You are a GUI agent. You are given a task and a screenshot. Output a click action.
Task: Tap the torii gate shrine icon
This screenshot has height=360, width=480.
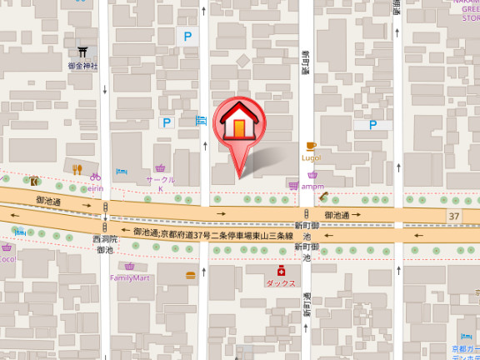pyautogui.click(x=83, y=52)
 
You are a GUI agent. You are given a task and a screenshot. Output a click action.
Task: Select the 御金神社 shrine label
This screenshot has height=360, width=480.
pyautogui.click(x=83, y=66)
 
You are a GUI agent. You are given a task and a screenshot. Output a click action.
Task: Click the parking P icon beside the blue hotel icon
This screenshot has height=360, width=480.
pyautogui.click(x=167, y=122)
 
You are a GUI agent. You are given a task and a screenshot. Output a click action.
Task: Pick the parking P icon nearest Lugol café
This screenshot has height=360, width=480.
pyautogui.click(x=372, y=125)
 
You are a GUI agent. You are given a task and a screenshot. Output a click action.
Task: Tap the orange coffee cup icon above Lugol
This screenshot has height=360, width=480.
pyautogui.click(x=312, y=146)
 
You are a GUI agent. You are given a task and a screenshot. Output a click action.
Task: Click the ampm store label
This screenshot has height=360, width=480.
pyautogui.click(x=312, y=187)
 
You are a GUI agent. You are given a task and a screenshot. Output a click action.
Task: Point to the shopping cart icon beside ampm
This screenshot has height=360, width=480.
pyautogui.click(x=293, y=186)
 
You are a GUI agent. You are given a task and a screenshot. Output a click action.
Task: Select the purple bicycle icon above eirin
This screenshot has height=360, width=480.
pyautogui.click(x=96, y=177)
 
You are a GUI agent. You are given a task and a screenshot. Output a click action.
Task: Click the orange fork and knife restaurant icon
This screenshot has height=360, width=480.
pyautogui.click(x=77, y=169)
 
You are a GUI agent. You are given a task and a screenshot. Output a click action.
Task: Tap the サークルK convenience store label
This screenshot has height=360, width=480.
pyautogui.click(x=161, y=183)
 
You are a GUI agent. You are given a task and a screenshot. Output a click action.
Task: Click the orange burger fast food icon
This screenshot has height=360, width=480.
pyautogui.click(x=191, y=275)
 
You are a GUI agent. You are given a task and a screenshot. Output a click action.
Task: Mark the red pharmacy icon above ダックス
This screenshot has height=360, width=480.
pyautogui.click(x=282, y=271)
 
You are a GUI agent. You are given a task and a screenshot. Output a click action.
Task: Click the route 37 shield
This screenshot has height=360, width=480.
pyautogui.click(x=453, y=216)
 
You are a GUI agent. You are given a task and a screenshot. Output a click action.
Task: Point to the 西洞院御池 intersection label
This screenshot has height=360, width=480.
pyautogui.click(x=105, y=244)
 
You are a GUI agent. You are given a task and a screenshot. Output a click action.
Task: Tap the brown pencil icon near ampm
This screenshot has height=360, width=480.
pyautogui.click(x=324, y=197)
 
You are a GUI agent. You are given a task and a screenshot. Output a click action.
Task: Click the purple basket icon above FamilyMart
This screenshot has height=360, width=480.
pyautogui.click(x=129, y=266)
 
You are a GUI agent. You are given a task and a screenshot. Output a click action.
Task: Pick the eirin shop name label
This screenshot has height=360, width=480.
pyautogui.click(x=94, y=187)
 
